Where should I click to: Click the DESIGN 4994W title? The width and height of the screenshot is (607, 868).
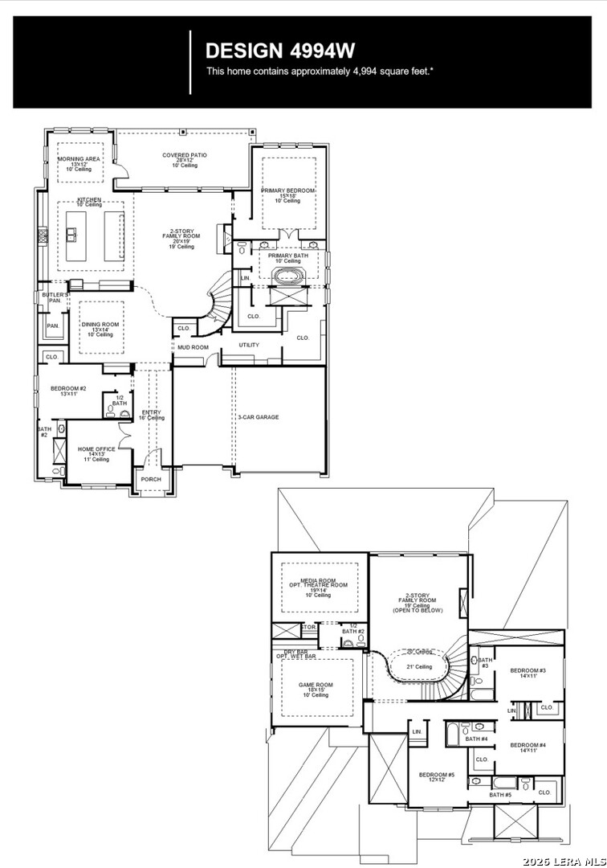(x=280, y=51)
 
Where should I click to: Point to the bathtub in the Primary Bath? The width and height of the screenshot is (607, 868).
(x=287, y=277)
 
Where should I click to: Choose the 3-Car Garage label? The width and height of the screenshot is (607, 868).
(x=258, y=417)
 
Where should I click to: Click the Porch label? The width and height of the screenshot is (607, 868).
(x=151, y=479)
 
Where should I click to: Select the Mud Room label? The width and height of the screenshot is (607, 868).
(x=194, y=347)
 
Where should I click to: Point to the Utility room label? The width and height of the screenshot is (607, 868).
(x=249, y=345)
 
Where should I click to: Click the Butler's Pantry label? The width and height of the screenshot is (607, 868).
(x=55, y=298)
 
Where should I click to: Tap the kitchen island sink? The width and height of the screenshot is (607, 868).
(x=71, y=235)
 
